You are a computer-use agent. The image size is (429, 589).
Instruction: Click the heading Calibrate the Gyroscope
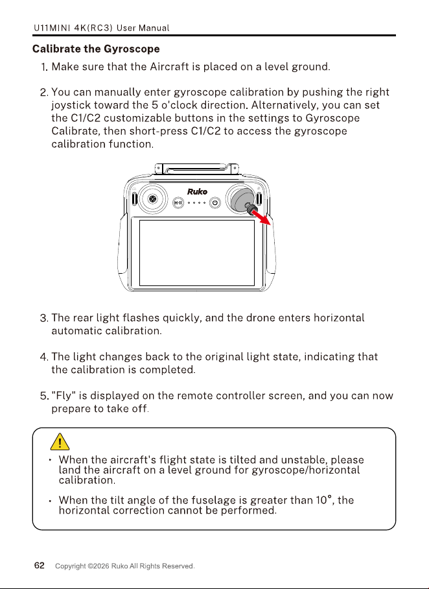tap(96, 49)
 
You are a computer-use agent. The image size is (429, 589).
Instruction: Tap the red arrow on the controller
tap(261, 217)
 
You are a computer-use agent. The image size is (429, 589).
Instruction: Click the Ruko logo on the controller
tap(197, 191)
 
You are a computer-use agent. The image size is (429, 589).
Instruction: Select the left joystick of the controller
tap(152, 198)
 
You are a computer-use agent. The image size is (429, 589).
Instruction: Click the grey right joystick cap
tap(242, 198)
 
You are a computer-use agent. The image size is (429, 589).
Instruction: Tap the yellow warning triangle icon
tap(60, 441)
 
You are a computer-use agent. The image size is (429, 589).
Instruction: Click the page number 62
tap(40, 566)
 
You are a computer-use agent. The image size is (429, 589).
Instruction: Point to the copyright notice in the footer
tap(124, 566)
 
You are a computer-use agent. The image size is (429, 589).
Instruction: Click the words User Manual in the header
tap(143, 28)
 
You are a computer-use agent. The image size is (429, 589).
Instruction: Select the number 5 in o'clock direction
tap(155, 105)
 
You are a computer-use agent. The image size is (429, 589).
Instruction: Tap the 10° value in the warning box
tap(324, 500)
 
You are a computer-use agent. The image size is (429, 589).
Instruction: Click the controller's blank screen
tap(197, 253)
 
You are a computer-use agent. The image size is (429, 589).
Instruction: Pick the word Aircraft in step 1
tap(169, 67)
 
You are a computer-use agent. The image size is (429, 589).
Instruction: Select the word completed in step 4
tap(167, 370)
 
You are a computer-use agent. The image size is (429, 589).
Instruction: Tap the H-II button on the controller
tap(178, 203)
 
